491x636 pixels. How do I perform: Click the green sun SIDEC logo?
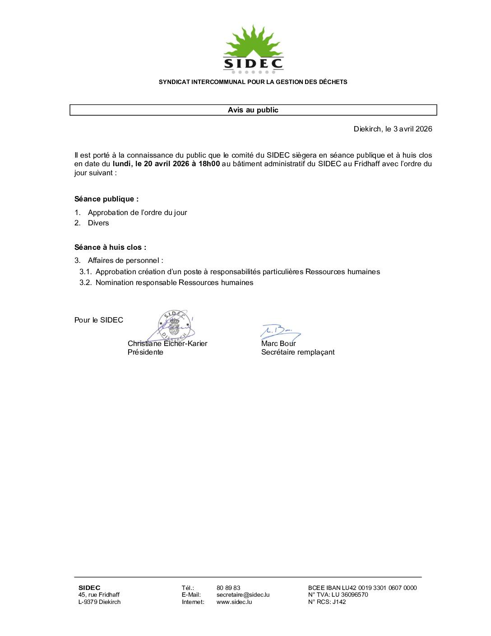[x=253, y=49]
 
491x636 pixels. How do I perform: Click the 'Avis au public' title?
[x=253, y=110]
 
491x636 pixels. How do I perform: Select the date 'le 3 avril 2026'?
[x=408, y=129]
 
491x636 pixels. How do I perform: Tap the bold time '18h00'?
[x=209, y=164]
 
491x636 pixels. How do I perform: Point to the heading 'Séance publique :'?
[x=107, y=199]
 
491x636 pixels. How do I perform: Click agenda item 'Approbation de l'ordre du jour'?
[x=137, y=212]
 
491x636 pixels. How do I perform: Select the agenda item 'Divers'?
[x=98, y=223]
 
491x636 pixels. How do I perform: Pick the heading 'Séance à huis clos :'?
[x=110, y=247]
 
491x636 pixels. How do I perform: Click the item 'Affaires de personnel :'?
[x=125, y=260]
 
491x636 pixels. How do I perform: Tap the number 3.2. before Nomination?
[x=85, y=282]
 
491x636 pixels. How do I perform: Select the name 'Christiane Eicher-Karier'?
[x=167, y=343]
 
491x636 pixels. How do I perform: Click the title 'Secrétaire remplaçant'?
[x=298, y=352]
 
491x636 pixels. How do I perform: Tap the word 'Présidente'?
[x=145, y=352]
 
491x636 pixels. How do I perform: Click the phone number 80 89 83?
[x=228, y=588]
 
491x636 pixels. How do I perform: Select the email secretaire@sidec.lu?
[x=243, y=594]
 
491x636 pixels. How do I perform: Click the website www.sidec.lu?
[x=234, y=602]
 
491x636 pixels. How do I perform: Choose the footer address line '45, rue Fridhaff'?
[x=99, y=594]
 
